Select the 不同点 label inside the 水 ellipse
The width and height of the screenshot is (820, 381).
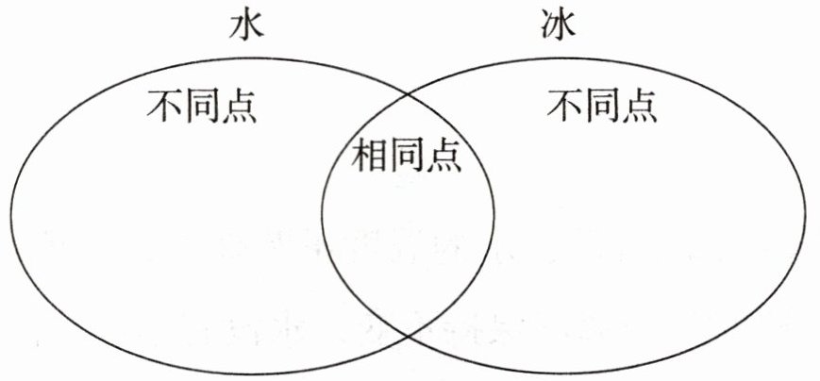pyautogui.click(x=202, y=106)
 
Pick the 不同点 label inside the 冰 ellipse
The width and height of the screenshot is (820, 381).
pyautogui.click(x=603, y=106)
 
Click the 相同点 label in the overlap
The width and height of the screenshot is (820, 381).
pyautogui.click(x=407, y=155)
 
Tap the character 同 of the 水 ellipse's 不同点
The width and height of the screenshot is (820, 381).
pyautogui.click(x=202, y=106)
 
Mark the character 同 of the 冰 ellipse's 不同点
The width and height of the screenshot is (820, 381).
pyautogui.click(x=603, y=106)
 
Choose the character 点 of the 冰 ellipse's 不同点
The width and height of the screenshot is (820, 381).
pyautogui.click(x=640, y=106)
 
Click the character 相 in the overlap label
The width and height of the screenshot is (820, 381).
pyautogui.click(x=370, y=155)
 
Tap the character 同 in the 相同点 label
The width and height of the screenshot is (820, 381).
pyautogui.click(x=407, y=155)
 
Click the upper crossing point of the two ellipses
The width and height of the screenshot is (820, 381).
pyautogui.click(x=408, y=94)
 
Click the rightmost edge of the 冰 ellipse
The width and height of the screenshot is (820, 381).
pyautogui.click(x=808, y=215)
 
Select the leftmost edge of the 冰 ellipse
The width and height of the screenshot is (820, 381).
pyautogui.click(x=322, y=215)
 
